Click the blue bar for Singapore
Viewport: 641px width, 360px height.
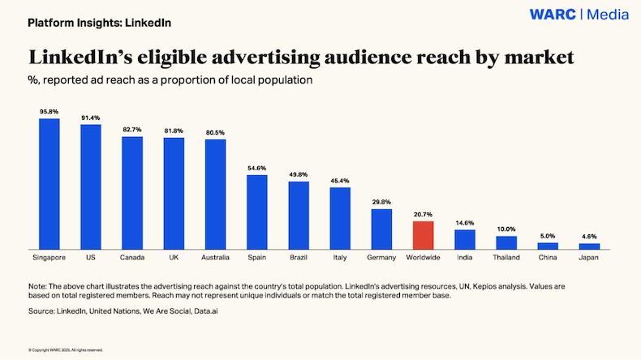[x=49, y=183]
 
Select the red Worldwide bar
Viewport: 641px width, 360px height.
[x=423, y=235]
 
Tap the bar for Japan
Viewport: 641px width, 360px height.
[x=589, y=246]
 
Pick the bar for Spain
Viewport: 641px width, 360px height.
[x=257, y=212]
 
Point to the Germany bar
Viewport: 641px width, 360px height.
[x=381, y=229]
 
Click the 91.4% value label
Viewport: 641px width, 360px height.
[x=91, y=118]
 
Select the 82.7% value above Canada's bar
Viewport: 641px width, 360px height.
[x=132, y=130]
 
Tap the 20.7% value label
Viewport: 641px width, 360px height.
[x=423, y=214]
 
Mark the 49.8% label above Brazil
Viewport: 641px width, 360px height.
[x=299, y=174]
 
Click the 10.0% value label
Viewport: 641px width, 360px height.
[x=506, y=229]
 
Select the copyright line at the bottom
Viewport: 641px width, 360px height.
[x=66, y=350]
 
